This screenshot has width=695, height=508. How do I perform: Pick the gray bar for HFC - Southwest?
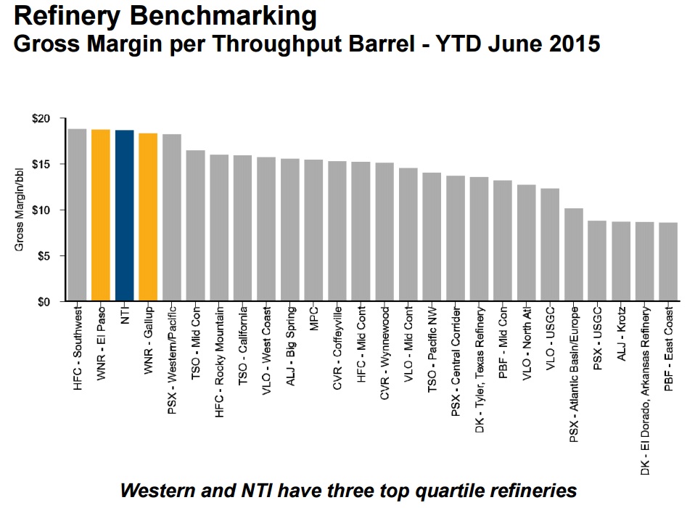[x=77, y=215]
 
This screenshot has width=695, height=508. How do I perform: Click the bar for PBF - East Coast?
[x=668, y=261]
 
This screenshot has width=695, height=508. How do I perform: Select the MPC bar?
[x=313, y=230]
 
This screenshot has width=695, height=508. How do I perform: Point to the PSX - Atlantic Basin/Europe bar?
[x=573, y=255]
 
